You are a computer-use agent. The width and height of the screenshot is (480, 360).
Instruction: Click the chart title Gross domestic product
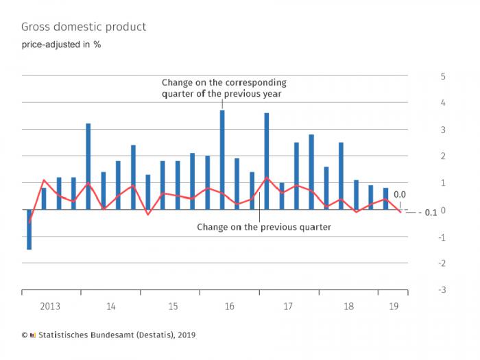click(x=83, y=27)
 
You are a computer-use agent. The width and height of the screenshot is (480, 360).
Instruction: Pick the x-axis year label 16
click(x=229, y=307)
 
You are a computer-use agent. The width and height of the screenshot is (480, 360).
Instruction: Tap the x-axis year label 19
click(x=393, y=307)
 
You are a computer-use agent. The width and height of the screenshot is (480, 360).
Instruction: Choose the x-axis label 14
click(x=111, y=307)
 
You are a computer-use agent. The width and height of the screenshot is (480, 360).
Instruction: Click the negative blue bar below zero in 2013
click(x=29, y=230)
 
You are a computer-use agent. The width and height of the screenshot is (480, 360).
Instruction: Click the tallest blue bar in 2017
click(x=267, y=161)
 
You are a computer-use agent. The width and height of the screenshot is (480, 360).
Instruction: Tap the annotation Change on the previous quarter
click(x=264, y=226)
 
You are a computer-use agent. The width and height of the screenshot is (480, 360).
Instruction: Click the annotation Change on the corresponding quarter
click(x=224, y=88)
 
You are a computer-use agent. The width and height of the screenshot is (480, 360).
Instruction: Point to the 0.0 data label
click(x=400, y=194)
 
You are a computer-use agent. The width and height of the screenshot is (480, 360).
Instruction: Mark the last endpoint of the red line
click(x=401, y=213)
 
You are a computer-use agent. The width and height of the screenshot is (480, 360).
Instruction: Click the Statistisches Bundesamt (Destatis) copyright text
click(x=116, y=335)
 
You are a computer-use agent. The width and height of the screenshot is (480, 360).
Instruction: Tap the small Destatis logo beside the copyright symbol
click(x=32, y=335)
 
